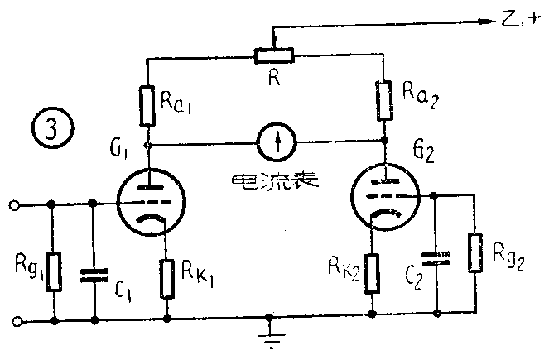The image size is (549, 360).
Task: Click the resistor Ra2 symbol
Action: pyautogui.click(x=383, y=98)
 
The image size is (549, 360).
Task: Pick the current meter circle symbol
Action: pyautogui.click(x=276, y=142)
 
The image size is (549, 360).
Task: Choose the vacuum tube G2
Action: pyautogui.click(x=383, y=196)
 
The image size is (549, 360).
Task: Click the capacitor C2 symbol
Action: pyautogui.click(x=435, y=257)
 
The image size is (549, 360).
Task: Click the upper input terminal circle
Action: pyautogui.click(x=13, y=204)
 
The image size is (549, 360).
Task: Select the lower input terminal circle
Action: pyautogui.click(x=13, y=319)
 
